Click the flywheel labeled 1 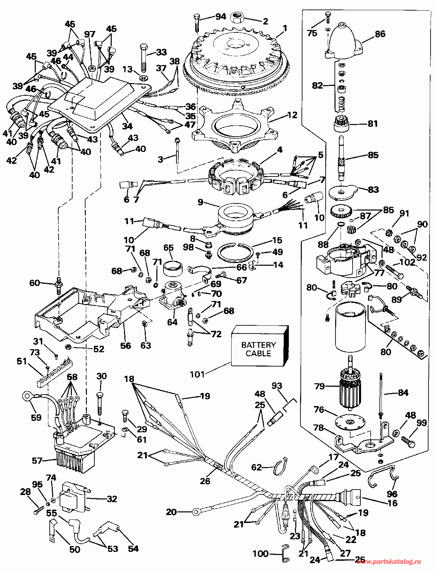[238, 60]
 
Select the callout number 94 [221, 16]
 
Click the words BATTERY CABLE [259, 349]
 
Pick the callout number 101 [197, 374]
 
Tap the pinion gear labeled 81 [341, 123]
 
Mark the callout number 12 [292, 115]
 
